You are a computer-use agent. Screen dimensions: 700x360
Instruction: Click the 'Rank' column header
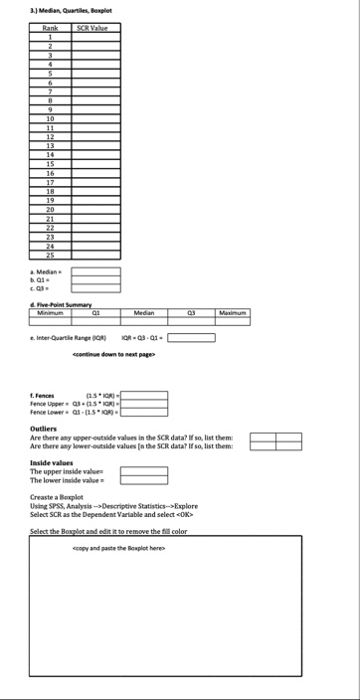pos(50,29)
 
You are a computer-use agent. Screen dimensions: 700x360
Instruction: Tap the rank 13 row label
pos(50,145)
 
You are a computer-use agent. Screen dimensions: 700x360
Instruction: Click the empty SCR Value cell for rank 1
pos(95,38)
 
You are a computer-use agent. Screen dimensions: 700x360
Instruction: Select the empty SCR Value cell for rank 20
pos(95,210)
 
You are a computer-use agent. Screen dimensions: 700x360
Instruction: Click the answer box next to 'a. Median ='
pos(95,270)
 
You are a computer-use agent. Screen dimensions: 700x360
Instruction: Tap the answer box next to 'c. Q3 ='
pos(95,289)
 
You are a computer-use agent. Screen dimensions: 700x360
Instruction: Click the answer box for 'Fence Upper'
pos(144,405)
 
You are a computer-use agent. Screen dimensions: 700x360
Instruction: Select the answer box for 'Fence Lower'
pos(144,414)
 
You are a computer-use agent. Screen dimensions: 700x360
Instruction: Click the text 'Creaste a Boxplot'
pos(57,496)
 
